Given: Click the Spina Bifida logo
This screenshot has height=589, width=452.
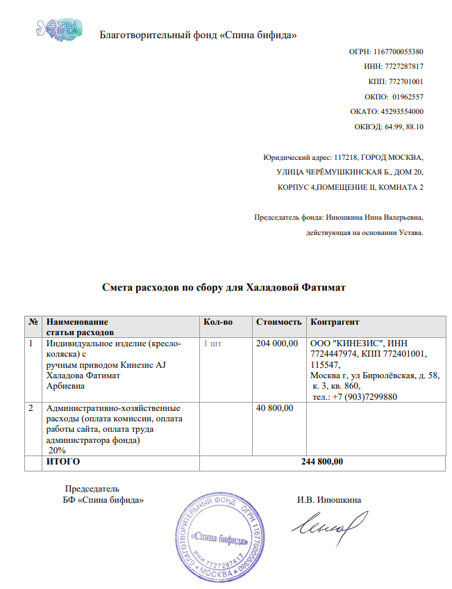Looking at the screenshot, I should click(61, 29).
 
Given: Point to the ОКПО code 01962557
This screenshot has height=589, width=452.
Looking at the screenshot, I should click(408, 97).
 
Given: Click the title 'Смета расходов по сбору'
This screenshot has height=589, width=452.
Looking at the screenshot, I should click(224, 287).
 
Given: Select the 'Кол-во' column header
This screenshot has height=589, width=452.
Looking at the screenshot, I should click(217, 323).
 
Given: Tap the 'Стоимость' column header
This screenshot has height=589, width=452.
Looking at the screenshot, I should click(279, 323).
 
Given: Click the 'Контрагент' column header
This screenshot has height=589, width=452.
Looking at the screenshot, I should click(335, 323).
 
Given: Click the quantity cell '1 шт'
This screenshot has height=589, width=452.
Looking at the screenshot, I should click(215, 344).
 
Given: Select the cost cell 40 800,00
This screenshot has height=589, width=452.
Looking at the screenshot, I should click(275, 408).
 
